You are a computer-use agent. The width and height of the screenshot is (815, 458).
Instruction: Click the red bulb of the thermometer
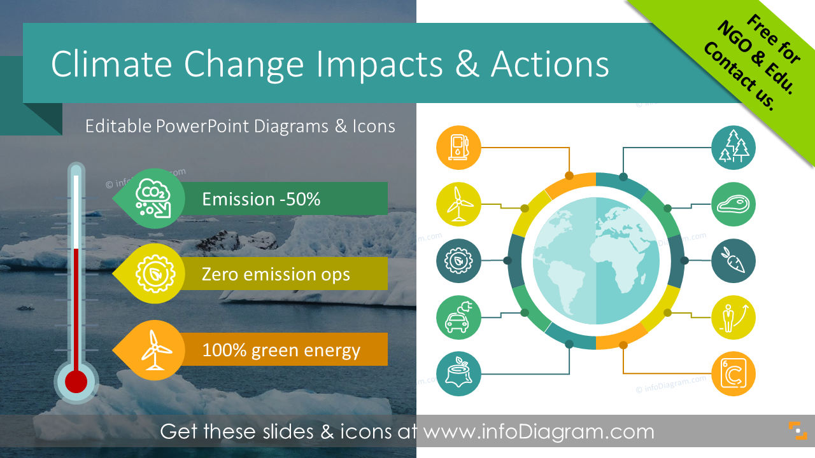pyautogui.click(x=76, y=382)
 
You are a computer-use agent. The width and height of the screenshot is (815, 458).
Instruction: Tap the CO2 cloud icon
pyautogui.click(x=153, y=198)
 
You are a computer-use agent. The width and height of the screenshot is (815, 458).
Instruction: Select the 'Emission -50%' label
pyautogui.click(x=261, y=199)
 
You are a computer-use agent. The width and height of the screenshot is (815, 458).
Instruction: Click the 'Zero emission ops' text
pyautogui.click(x=276, y=274)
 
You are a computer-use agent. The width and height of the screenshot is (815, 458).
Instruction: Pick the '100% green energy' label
pyautogui.click(x=281, y=350)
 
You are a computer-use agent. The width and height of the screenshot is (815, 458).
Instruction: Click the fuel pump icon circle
pyautogui.click(x=458, y=148)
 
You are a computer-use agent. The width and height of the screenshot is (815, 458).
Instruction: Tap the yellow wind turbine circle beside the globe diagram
pyautogui.click(x=458, y=204)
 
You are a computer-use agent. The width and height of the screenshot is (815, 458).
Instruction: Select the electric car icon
pyautogui.click(x=458, y=317)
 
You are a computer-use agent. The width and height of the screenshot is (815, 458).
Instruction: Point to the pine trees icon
pyautogui.click(x=733, y=148)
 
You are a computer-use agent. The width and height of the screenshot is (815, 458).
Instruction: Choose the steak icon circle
pyautogui.click(x=733, y=204)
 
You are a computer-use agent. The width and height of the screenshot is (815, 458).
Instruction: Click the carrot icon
pyautogui.click(x=733, y=261)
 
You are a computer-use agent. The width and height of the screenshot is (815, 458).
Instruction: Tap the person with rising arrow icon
pyautogui.click(x=733, y=317)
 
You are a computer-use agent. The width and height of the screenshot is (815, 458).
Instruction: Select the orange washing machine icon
pyautogui.click(x=733, y=373)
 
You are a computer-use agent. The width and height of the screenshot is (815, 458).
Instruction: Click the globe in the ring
pyautogui.click(x=596, y=261)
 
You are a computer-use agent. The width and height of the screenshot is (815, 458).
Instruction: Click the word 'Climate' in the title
pyautogui.click(x=111, y=64)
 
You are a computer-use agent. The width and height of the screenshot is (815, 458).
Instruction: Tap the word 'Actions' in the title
pyautogui.click(x=549, y=64)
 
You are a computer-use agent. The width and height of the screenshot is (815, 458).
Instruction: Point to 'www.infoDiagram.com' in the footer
pyautogui.click(x=539, y=431)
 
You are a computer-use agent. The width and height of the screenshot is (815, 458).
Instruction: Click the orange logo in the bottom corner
pyautogui.click(x=798, y=431)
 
